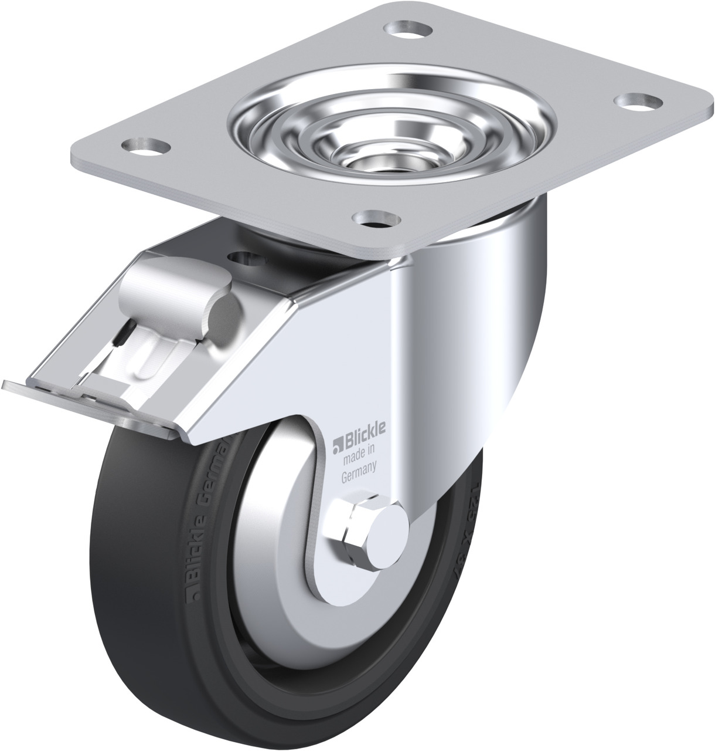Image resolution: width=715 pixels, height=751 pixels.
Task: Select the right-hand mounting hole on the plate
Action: pos(635,101)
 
